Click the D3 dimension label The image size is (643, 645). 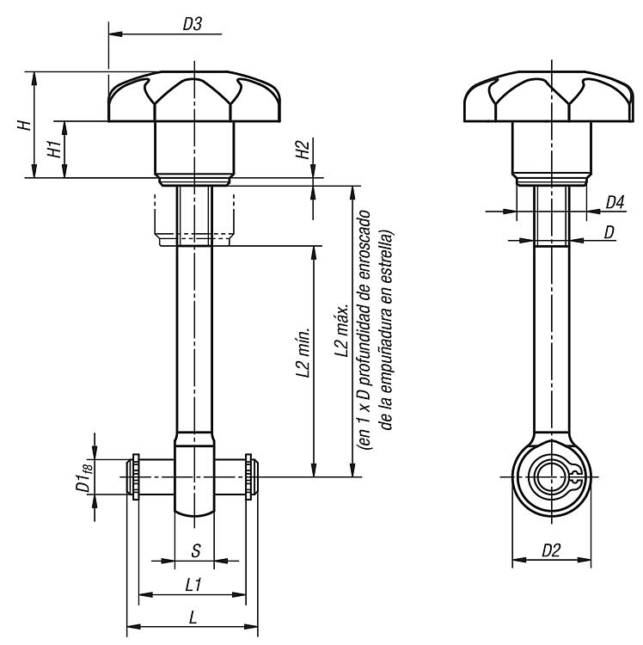point(193,24)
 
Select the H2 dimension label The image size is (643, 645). point(303,150)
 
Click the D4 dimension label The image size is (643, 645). point(615,202)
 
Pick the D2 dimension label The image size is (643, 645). point(551,550)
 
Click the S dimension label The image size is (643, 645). point(196,550)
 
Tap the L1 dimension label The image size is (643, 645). point(193,585)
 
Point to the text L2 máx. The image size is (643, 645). point(341,330)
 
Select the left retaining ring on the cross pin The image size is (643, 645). point(136,476)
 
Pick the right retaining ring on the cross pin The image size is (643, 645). point(248,476)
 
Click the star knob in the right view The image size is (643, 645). point(548,96)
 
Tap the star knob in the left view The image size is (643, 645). point(194,96)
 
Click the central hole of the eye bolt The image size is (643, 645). point(551,477)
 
